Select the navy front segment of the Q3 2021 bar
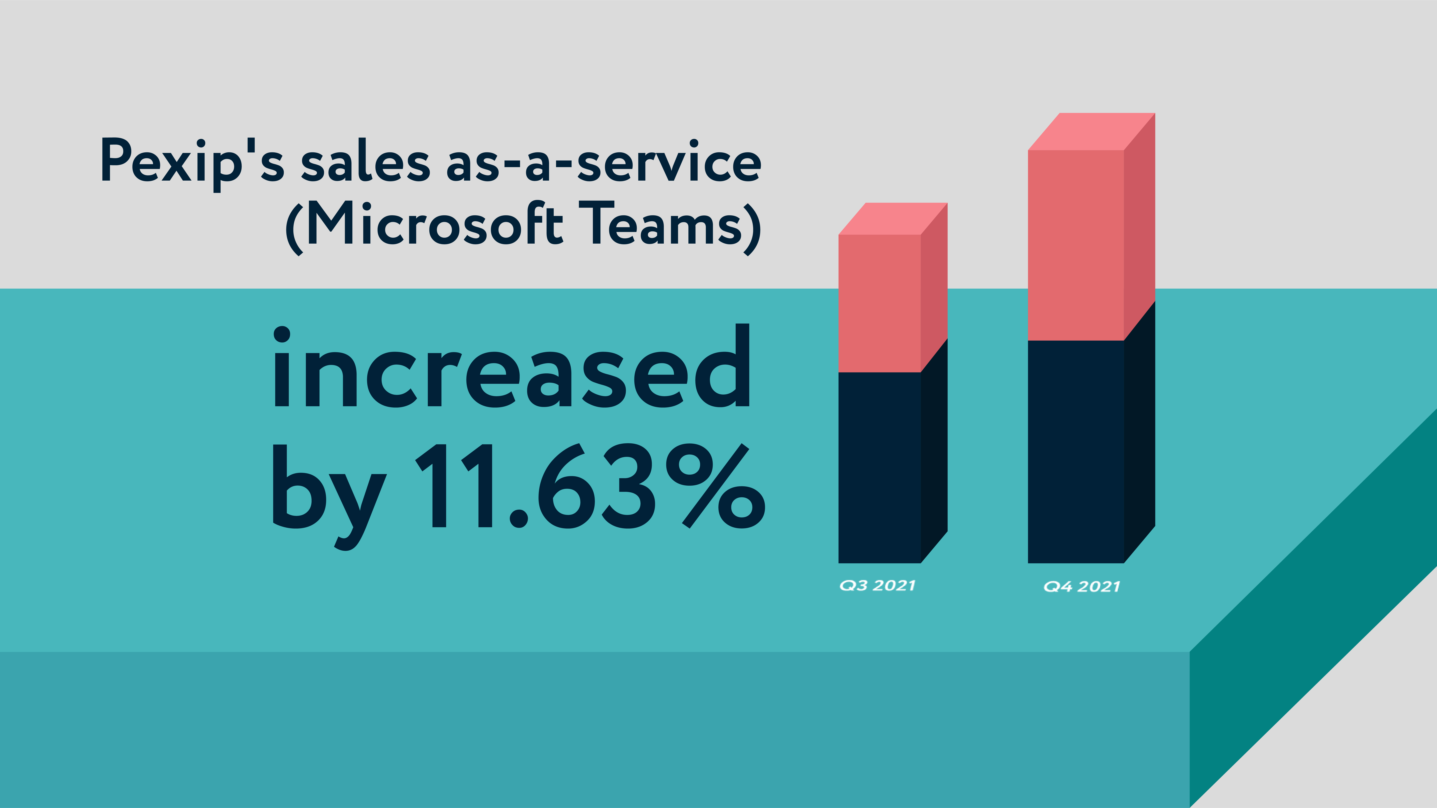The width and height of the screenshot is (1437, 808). tap(879, 467)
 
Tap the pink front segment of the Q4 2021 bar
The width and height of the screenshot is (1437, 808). tap(1075, 245)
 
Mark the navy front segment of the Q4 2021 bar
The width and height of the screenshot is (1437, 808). tap(1075, 452)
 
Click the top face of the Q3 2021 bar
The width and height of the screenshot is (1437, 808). tap(893, 219)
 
